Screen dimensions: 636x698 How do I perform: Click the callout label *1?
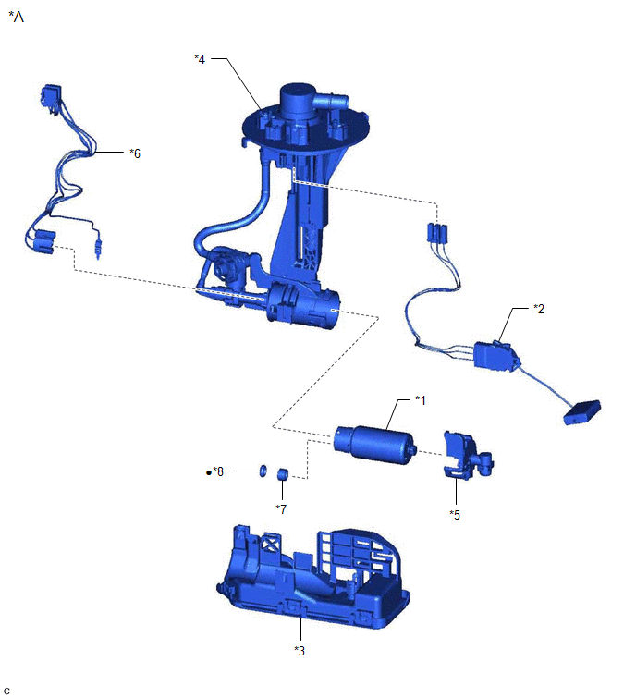[420, 400]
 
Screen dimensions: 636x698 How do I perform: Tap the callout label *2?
[539, 309]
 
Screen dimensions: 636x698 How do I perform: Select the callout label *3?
[300, 651]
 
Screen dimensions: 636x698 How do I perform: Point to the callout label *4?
[200, 59]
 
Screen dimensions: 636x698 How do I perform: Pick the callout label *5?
[455, 515]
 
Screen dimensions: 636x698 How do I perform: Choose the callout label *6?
[135, 153]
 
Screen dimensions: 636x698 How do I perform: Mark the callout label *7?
[281, 508]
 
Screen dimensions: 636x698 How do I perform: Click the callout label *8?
[218, 471]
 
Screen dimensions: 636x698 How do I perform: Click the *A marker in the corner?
[16, 17]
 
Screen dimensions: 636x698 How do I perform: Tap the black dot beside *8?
[208, 472]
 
